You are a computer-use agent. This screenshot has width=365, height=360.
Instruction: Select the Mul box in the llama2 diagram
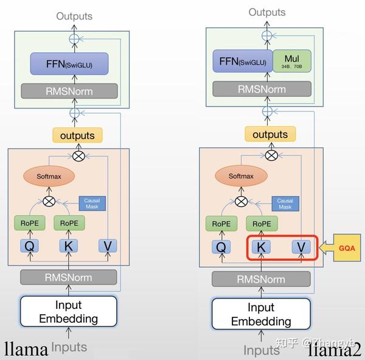[x=292, y=61]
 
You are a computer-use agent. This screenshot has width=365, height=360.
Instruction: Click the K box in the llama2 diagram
[x=262, y=247]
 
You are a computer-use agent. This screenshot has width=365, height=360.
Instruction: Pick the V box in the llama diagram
[x=108, y=246]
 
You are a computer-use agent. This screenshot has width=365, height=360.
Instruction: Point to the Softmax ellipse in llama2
[x=241, y=177]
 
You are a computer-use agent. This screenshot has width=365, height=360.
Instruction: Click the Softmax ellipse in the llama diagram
[x=49, y=177]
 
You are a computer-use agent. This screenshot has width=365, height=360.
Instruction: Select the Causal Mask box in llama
[x=92, y=203]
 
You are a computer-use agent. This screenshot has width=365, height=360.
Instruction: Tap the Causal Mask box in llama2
[x=285, y=203]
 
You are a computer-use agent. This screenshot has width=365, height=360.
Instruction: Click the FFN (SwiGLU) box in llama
[x=69, y=64]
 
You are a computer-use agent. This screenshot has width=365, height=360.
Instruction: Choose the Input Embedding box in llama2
[x=261, y=314]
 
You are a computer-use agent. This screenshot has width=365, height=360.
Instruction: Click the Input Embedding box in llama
[x=69, y=311]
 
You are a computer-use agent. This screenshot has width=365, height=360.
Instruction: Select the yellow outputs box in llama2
[x=270, y=135]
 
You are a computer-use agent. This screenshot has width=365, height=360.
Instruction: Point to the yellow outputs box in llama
[x=77, y=135]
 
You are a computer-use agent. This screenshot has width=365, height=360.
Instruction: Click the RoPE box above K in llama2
[x=262, y=224]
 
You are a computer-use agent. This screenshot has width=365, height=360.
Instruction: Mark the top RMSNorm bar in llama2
[x=261, y=89]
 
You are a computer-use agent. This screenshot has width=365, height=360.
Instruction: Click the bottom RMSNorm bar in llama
[x=69, y=278]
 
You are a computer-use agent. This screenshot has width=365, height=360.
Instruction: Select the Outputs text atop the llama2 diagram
[x=266, y=12]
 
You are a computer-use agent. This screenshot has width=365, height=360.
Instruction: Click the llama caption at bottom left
[x=26, y=349]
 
